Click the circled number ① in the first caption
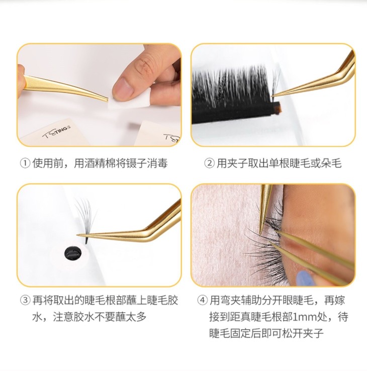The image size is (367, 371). [x=25, y=163]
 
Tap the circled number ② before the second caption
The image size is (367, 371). [x=209, y=163]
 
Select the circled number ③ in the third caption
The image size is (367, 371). [x=25, y=301]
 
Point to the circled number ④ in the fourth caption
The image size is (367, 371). [x=202, y=301]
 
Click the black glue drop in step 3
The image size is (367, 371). [x=73, y=253]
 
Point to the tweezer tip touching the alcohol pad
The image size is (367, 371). [x=107, y=100]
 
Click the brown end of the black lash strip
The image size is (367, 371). [x=276, y=108]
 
